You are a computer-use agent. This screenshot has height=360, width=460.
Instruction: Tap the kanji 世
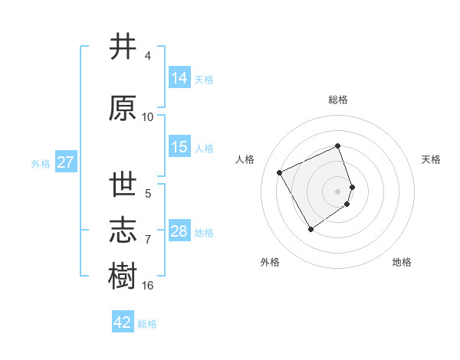[x=123, y=186]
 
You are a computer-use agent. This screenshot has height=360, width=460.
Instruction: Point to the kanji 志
[x=123, y=231]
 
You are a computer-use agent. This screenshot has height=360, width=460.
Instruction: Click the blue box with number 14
[x=179, y=78]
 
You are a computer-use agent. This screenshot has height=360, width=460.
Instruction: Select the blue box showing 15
[x=179, y=147]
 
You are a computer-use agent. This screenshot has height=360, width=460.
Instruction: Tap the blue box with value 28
[x=179, y=232]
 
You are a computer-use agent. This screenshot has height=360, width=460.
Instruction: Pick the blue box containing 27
[x=66, y=162]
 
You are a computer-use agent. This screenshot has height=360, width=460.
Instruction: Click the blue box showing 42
[x=123, y=322]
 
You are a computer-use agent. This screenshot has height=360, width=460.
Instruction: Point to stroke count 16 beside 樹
[x=148, y=286]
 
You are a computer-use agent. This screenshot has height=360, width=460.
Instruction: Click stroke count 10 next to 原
[x=148, y=116]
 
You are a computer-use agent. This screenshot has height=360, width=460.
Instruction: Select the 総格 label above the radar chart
[x=338, y=100]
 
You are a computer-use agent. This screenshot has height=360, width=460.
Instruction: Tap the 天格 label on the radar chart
[x=431, y=159]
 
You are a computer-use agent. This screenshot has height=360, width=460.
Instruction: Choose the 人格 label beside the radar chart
[x=245, y=159]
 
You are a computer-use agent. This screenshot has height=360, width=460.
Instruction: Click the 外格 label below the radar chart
[x=270, y=262]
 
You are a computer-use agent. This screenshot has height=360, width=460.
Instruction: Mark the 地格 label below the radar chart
[x=402, y=262]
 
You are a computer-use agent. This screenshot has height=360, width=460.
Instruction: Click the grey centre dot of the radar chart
[x=338, y=190]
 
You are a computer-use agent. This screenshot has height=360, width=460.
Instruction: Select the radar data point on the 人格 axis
[x=280, y=172]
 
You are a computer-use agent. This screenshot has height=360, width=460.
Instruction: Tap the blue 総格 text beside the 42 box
[x=147, y=324]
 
